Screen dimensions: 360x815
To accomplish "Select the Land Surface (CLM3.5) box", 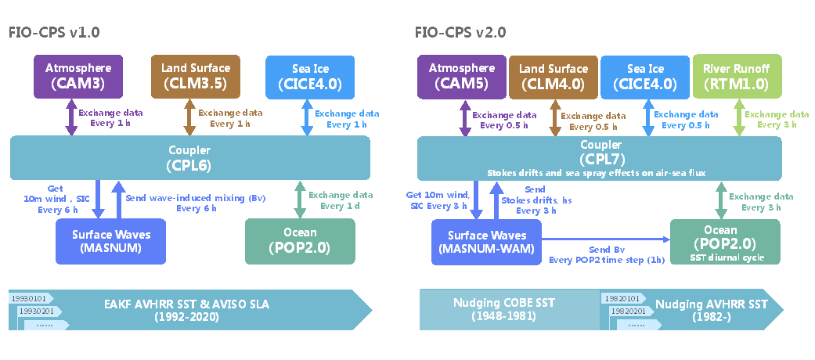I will (190, 76).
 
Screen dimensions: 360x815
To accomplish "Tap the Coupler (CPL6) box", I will (189, 157).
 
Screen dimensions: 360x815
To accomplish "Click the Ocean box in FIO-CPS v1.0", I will (300, 240).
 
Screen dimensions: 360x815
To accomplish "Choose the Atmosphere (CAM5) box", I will (461, 76).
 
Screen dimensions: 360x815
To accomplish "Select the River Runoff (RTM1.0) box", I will (737, 76).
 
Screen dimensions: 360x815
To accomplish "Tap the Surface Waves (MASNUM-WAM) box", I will (486, 241).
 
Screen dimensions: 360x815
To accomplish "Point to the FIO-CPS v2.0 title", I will (461, 32).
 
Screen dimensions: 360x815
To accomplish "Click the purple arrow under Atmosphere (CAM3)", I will (72, 118).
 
